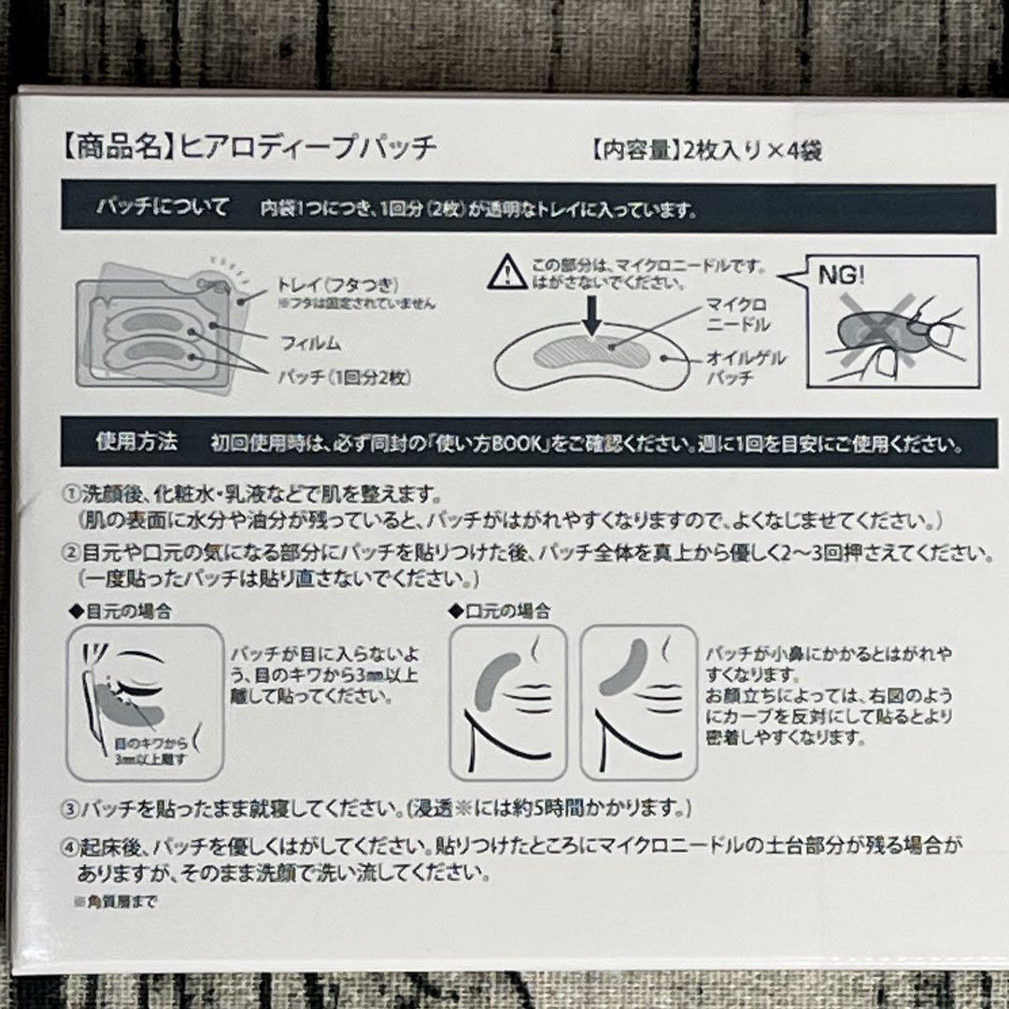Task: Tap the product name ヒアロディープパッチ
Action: pyautogui.click(x=304, y=148)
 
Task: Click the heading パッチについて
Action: pyautogui.click(x=163, y=207)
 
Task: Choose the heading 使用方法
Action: pyautogui.click(x=136, y=441)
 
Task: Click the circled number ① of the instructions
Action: pyautogui.click(x=70, y=493)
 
